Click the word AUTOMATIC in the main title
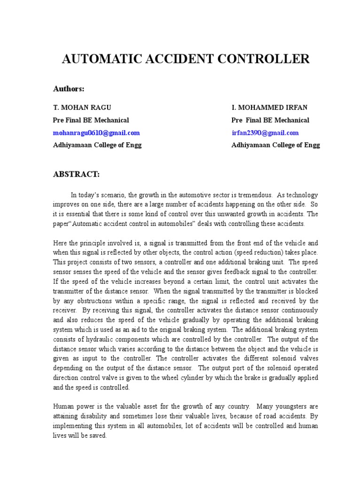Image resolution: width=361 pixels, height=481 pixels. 99,59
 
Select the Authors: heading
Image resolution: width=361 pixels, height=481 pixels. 68,89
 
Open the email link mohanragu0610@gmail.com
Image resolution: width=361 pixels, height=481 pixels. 96,133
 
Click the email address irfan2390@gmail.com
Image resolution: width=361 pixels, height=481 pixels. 265,133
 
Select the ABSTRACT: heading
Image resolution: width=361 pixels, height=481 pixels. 76,174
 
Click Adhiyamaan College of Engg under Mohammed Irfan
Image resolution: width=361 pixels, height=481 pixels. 275,145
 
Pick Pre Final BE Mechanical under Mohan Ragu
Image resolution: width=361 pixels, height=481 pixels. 91,120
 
